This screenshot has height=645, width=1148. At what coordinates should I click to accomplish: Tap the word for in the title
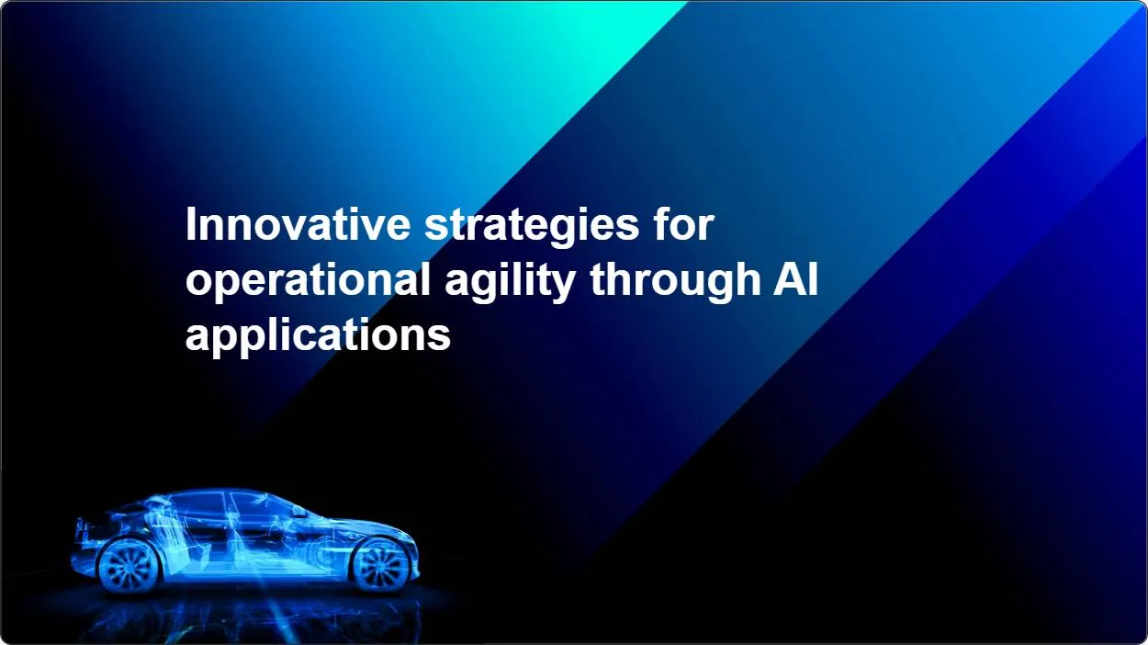[x=682, y=226]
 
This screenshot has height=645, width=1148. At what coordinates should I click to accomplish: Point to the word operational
[x=308, y=281]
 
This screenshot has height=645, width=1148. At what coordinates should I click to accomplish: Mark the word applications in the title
[x=318, y=336]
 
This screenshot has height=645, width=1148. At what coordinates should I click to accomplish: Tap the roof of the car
[x=211, y=493]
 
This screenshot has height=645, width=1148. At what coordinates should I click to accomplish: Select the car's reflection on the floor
[x=248, y=616]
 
